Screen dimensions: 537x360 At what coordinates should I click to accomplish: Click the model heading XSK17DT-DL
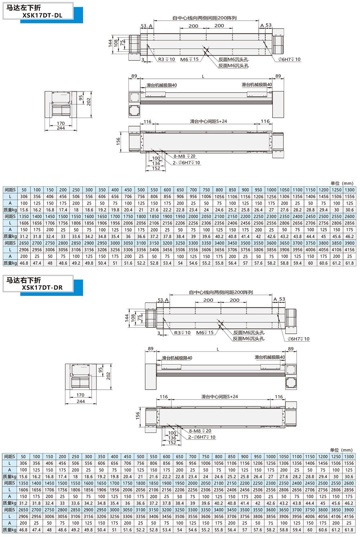[x=42, y=15]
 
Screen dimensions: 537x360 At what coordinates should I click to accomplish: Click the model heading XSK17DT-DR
[x=42, y=288]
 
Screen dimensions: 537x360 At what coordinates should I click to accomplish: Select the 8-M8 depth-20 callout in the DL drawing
[x=184, y=156]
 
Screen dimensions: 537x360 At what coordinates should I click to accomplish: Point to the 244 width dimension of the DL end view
[x=61, y=128]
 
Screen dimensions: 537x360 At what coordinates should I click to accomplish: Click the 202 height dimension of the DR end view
[x=108, y=376]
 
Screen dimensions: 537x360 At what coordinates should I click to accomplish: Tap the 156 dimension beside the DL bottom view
[x=118, y=141]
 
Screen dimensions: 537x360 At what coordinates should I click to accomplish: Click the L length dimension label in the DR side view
[x=218, y=349]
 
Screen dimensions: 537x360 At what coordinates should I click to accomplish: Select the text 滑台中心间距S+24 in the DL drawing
[x=208, y=121]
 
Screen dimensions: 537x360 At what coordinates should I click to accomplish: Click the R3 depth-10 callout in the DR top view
[x=182, y=333]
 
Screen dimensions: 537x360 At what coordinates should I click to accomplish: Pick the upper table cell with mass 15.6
[x=24, y=210]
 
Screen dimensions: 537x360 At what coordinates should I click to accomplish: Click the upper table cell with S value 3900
[x=350, y=243]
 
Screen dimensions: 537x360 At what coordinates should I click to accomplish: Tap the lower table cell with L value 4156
[x=349, y=516]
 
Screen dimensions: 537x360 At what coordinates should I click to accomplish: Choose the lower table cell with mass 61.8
[x=349, y=530]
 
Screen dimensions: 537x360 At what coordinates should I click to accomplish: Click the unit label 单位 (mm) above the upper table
[x=342, y=183]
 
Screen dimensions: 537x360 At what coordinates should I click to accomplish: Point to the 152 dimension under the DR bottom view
[x=172, y=443]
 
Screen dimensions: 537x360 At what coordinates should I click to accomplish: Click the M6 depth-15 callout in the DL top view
[x=189, y=59]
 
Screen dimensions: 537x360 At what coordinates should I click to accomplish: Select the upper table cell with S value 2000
[x=193, y=217]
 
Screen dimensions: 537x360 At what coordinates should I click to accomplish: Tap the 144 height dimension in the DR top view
[x=127, y=318]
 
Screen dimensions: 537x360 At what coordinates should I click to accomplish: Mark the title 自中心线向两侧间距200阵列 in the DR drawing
[x=221, y=292]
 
